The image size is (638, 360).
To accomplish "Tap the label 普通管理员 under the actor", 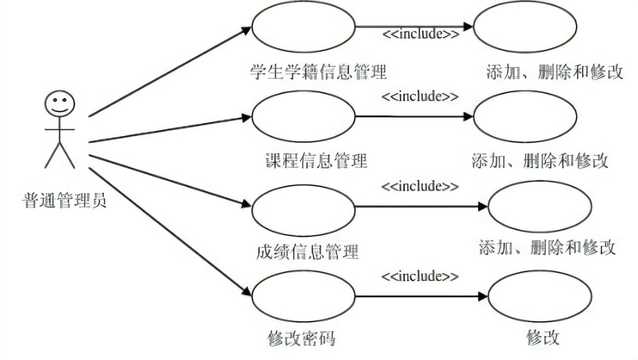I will [64, 200].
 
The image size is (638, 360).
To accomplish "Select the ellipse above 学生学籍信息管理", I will [303, 27].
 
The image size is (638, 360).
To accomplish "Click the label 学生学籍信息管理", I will [319, 72].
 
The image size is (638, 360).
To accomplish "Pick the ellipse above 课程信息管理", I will [303, 116].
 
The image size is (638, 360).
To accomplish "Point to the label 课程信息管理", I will [316, 161].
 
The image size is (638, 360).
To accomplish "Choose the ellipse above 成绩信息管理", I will [303, 210].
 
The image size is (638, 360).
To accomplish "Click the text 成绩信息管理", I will [307, 251].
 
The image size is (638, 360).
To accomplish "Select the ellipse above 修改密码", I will [303, 296].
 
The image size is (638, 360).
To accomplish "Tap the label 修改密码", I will [301, 338].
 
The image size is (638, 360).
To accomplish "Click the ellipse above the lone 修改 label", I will [539, 296].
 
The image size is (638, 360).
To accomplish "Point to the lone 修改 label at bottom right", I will [543, 338].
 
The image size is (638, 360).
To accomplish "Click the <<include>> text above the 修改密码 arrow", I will [420, 276].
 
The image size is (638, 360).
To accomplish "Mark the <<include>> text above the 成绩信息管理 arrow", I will [420, 186].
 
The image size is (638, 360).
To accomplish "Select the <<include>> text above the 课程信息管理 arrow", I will [420, 96].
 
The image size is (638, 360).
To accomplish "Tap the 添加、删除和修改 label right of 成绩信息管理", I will [547, 247].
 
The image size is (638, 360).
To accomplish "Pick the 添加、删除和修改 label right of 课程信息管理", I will [539, 161].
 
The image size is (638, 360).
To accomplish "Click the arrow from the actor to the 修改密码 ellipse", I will [169, 231].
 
